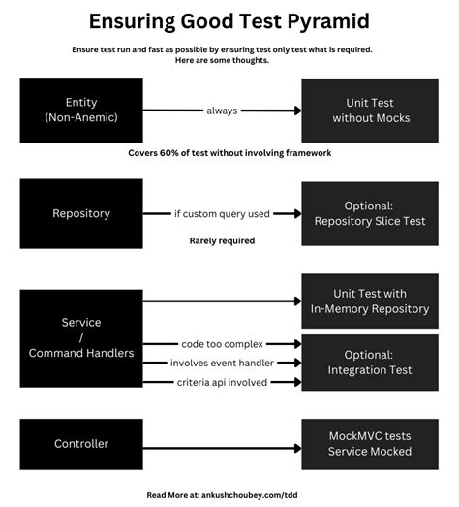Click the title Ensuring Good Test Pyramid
(x=229, y=20)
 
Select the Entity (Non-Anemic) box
(x=81, y=110)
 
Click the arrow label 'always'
(x=222, y=110)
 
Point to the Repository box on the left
(x=81, y=213)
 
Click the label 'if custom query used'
(x=222, y=213)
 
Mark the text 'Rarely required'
(x=222, y=240)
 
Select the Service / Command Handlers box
(x=81, y=337)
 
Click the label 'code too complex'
(x=222, y=343)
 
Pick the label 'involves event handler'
(x=222, y=363)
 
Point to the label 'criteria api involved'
(x=222, y=383)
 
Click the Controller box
(x=81, y=444)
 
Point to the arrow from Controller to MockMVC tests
(x=222, y=444)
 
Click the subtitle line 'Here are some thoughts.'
(x=222, y=60)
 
